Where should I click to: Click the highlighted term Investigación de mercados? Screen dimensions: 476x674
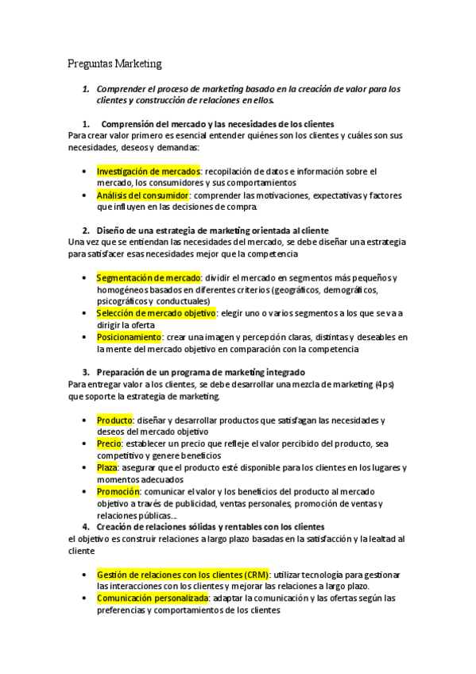(x=148, y=171)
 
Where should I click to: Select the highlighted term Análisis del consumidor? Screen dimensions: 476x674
(x=142, y=195)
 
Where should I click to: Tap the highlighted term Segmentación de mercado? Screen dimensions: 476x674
(x=149, y=277)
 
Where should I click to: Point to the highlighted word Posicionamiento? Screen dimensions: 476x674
(x=127, y=337)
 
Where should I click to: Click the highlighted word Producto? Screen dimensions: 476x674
(x=114, y=420)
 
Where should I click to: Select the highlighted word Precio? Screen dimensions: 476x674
(x=110, y=444)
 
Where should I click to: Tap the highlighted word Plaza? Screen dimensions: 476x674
(x=107, y=467)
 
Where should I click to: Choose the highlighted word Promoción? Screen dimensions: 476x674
(x=119, y=491)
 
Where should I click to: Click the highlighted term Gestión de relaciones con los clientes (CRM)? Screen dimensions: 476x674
(x=183, y=574)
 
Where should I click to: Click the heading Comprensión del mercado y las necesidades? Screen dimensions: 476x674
(x=218, y=124)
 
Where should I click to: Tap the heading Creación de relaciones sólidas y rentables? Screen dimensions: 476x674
(x=210, y=527)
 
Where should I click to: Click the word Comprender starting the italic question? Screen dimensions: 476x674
(x=124, y=89)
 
